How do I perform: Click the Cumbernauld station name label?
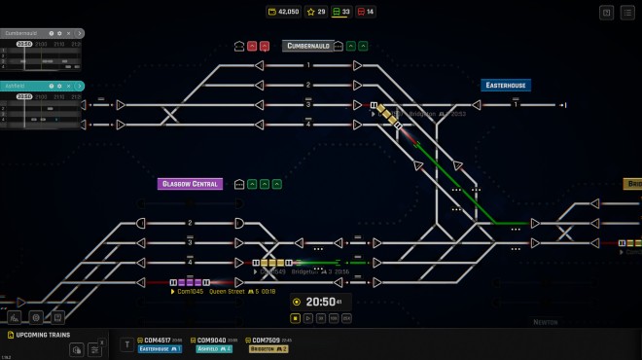click(308, 46)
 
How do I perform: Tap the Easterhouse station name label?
click(506, 86)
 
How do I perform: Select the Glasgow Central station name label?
click(191, 184)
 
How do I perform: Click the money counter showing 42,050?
click(283, 12)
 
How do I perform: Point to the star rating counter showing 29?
click(315, 12)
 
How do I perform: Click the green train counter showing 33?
click(341, 12)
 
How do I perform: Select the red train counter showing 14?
click(366, 12)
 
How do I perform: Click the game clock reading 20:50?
click(321, 302)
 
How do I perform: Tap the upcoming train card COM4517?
click(161, 343)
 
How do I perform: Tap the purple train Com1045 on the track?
click(191, 282)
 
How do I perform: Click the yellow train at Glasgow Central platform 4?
click(274, 263)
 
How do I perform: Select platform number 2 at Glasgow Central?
click(190, 223)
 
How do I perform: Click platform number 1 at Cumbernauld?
click(308, 65)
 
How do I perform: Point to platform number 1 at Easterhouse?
click(517, 104)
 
